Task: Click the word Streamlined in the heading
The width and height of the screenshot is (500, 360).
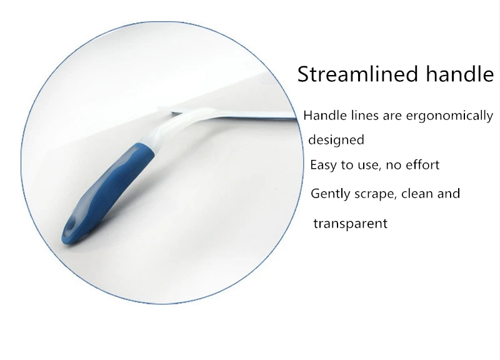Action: click(x=357, y=74)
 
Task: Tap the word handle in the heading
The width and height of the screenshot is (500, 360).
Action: click(x=460, y=73)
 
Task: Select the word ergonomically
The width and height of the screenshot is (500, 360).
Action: click(x=449, y=116)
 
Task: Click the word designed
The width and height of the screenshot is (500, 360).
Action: click(x=336, y=139)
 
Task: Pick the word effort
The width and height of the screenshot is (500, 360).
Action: click(x=422, y=165)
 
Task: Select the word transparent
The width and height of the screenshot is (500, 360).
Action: click(x=351, y=224)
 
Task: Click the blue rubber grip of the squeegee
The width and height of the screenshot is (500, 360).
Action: click(x=108, y=191)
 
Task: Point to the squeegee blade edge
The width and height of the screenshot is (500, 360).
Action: click(x=235, y=115)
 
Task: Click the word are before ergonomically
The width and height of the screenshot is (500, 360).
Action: click(x=392, y=116)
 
